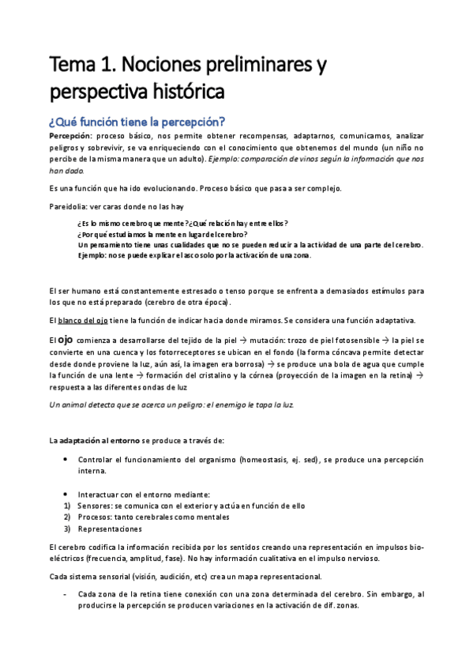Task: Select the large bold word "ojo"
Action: click(66, 340)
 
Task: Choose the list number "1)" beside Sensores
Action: click(67, 506)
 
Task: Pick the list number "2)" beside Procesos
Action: click(67, 517)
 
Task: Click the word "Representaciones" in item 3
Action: click(110, 529)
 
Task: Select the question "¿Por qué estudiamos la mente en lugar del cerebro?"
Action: click(162, 234)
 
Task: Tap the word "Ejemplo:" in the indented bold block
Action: click(95, 256)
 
